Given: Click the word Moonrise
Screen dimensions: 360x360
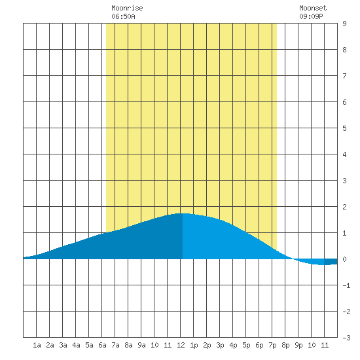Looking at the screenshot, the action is click(127, 8).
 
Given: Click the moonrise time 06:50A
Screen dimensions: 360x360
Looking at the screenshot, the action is click(123, 16).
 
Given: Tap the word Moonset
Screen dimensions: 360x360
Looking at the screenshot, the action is click(313, 8).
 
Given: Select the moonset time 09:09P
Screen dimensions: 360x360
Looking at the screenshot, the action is click(311, 16).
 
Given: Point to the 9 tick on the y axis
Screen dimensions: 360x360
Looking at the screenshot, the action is click(344, 24).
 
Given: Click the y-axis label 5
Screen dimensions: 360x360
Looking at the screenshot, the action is click(344, 128).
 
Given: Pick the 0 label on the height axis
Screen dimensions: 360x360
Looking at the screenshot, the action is click(344, 259).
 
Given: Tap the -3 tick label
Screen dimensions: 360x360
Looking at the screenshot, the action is click(346, 338).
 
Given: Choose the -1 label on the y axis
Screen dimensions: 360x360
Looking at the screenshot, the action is click(346, 285).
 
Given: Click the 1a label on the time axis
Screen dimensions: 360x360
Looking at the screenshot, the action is click(37, 345).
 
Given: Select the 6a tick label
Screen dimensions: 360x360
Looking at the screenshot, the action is click(102, 345).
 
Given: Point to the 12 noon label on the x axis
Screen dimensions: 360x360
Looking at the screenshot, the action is click(181, 345).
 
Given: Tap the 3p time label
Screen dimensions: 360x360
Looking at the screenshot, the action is click(220, 345).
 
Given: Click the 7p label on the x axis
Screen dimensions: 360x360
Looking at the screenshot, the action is click(272, 345).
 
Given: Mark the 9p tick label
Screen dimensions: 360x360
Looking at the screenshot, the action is click(298, 345).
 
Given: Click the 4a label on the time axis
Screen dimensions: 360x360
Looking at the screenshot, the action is click(76, 345).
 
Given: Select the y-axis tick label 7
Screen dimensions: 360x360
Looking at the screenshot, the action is click(344, 76).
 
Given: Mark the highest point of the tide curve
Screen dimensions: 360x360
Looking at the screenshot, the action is click(183, 213).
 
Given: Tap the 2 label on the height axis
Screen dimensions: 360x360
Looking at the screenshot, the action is click(344, 207).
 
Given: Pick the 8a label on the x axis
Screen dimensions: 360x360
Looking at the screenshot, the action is click(128, 345).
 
